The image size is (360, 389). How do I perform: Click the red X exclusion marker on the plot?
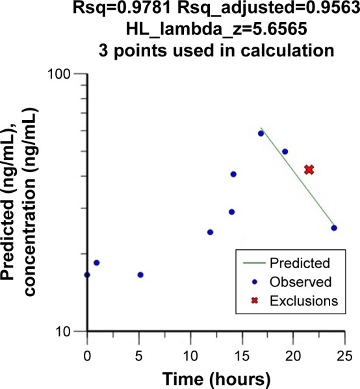pyautogui.click(x=309, y=169)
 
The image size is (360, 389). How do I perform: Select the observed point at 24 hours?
pyautogui.click(x=334, y=228)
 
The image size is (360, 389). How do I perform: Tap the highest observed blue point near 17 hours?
pyautogui.click(x=261, y=133)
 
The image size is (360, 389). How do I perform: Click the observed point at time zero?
pyautogui.click(x=87, y=275)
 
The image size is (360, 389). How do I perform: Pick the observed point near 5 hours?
pyautogui.click(x=140, y=275)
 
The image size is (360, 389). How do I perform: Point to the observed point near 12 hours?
pyautogui.click(x=210, y=232)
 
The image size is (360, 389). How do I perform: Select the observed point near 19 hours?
pyautogui.click(x=285, y=151)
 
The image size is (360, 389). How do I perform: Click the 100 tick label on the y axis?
pyautogui.click(x=64, y=73)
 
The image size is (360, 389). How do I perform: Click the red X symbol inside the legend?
pyautogui.click(x=250, y=301)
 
